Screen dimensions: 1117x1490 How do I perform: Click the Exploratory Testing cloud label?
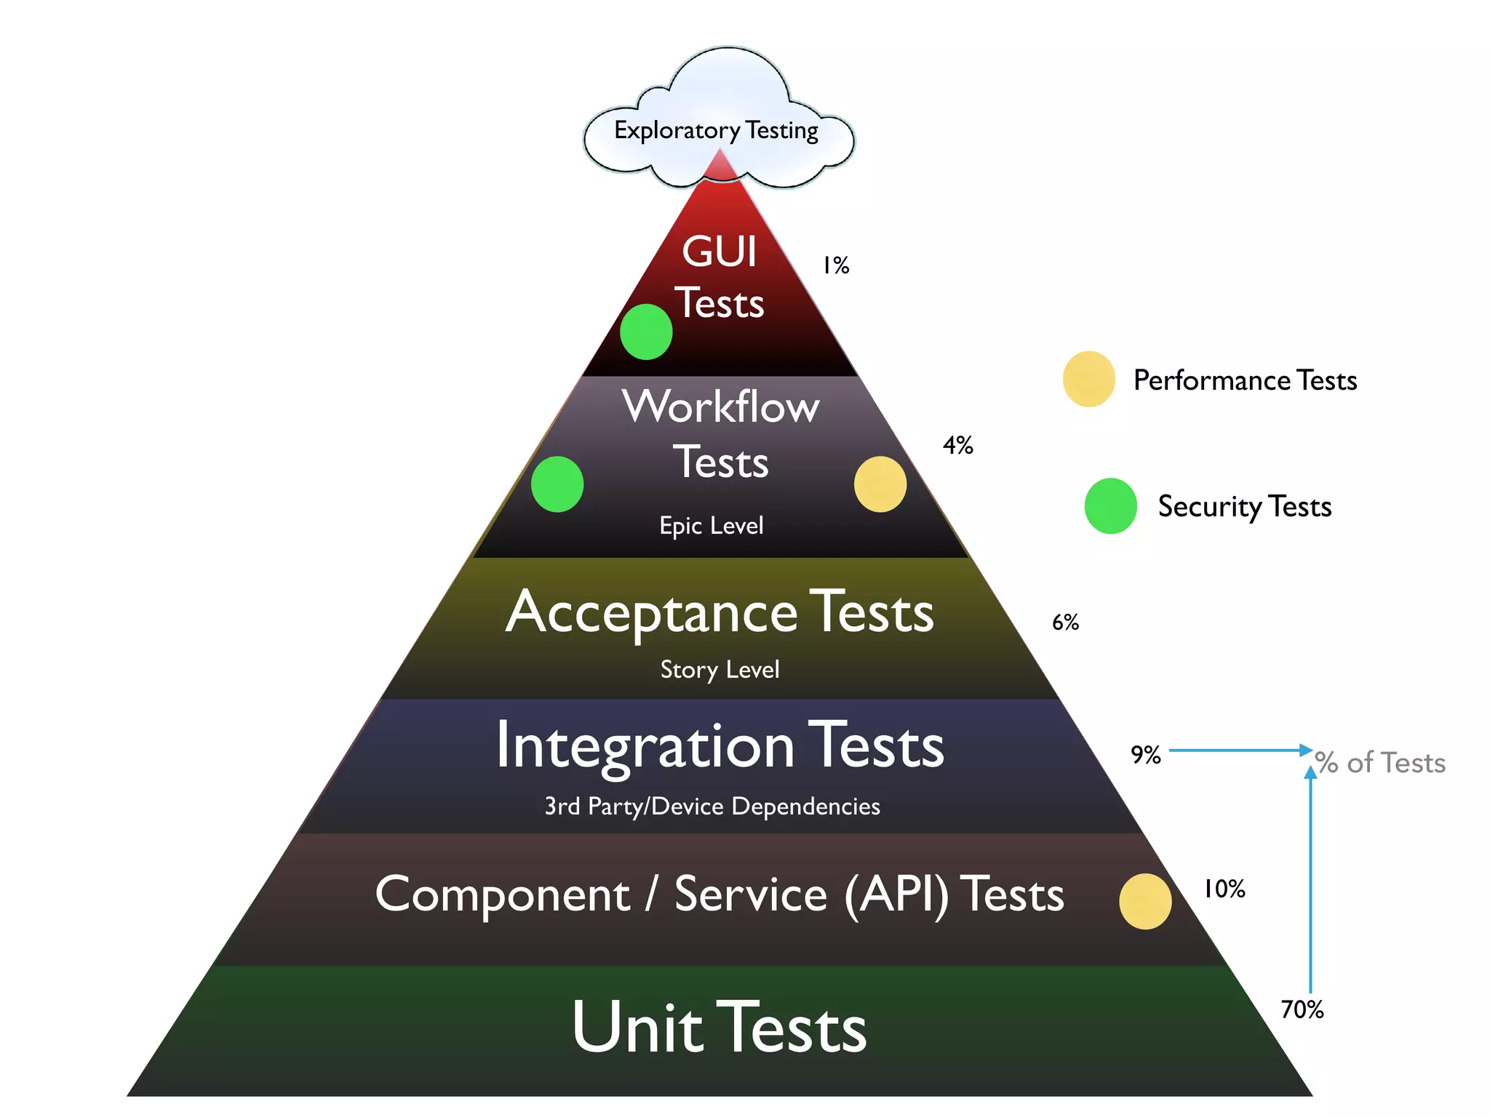click(716, 131)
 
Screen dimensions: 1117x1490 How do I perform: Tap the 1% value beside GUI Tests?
click(836, 265)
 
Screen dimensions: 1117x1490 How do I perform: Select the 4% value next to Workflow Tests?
click(957, 445)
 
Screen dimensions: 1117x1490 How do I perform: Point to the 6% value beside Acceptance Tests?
click(1065, 622)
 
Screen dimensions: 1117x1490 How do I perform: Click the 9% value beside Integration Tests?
click(1145, 755)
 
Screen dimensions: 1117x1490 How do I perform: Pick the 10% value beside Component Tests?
click(1224, 889)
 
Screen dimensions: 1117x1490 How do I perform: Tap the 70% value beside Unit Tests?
click(1302, 1009)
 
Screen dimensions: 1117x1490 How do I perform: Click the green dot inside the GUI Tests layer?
click(646, 332)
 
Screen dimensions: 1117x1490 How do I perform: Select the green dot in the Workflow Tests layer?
click(557, 484)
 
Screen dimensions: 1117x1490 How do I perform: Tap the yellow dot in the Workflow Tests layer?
click(880, 484)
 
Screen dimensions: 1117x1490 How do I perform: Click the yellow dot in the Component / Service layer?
click(1145, 902)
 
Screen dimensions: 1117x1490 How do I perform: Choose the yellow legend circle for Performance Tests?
click(1088, 379)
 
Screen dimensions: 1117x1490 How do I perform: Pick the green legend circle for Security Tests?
click(1110, 506)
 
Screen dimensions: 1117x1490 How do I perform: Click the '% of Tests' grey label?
click(1380, 763)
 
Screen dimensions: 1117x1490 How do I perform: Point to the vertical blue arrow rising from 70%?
click(1310, 880)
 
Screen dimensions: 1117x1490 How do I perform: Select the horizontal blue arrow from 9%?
click(1237, 750)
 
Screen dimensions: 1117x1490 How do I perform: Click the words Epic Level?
click(712, 526)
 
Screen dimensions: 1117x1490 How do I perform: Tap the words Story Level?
click(720, 670)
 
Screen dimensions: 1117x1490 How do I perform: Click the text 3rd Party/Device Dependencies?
click(712, 806)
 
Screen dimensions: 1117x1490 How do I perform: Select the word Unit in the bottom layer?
click(637, 1027)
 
